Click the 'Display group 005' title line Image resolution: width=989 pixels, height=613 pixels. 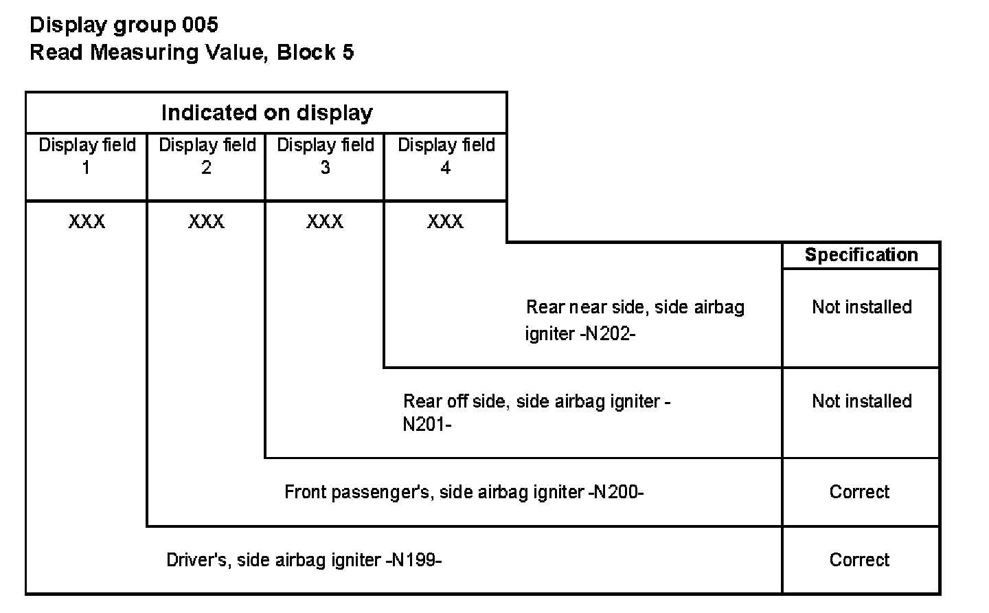[x=124, y=25]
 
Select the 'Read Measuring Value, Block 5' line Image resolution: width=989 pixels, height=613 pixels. [x=192, y=52]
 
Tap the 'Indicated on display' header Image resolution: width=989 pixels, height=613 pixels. [x=266, y=113]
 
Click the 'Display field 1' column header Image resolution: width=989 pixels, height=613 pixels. [x=87, y=156]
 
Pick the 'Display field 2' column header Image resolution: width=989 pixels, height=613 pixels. [x=207, y=156]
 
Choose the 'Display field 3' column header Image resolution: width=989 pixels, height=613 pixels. [x=325, y=156]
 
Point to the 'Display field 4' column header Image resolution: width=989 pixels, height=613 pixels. [x=446, y=156]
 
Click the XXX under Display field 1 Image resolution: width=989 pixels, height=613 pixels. [x=87, y=221]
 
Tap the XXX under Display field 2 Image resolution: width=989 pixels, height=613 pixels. [x=206, y=221]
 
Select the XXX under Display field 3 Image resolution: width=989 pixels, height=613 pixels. [x=325, y=221]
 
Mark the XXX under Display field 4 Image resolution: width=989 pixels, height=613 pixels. [x=445, y=221]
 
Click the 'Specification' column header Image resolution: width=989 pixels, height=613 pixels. [x=861, y=255]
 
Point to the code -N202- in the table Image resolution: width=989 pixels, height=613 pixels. [x=605, y=334]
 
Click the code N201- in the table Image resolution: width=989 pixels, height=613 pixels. [x=427, y=424]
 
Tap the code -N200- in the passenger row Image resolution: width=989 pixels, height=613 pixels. [x=616, y=492]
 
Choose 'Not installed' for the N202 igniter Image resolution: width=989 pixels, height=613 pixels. [x=861, y=306]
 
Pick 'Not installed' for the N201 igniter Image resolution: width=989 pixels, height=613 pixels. [x=861, y=401]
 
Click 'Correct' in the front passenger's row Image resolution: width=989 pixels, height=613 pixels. [x=859, y=492]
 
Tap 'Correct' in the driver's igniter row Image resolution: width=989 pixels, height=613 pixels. [x=859, y=560]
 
